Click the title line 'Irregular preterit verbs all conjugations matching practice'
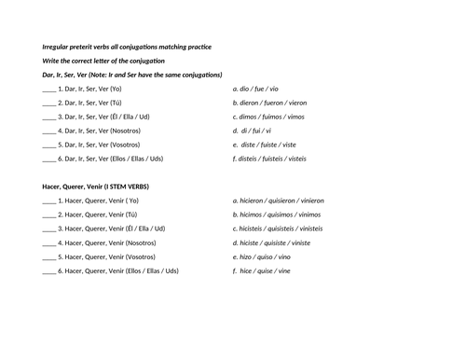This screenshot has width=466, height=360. (x=127, y=47)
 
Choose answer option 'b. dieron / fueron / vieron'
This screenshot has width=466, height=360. (x=269, y=103)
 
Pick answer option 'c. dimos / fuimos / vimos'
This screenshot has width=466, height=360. (x=269, y=117)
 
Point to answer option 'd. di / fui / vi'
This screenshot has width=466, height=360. (x=254, y=131)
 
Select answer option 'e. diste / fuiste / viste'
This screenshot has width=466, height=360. (x=265, y=145)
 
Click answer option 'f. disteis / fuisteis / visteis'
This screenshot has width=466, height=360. (x=269, y=159)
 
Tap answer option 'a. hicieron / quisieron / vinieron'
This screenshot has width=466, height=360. (x=279, y=201)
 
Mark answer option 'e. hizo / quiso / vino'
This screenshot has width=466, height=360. (x=261, y=256)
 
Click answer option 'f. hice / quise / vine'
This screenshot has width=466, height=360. (x=261, y=271)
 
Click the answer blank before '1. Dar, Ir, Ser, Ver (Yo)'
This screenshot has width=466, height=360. (x=49, y=90)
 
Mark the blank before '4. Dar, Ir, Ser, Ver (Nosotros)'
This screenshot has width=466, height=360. (x=49, y=132)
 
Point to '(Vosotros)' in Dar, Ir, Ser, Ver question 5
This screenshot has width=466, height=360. (x=132, y=145)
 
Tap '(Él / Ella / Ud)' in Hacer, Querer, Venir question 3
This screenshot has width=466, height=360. (x=144, y=228)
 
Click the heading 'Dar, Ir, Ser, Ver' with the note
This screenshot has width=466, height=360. (x=132, y=75)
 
